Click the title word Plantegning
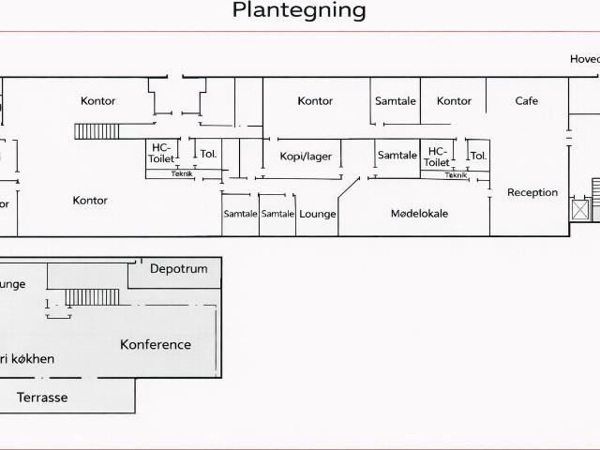tap(299, 11)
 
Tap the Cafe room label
tap(527, 101)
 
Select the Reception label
tap(532, 192)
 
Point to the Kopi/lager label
tap(306, 157)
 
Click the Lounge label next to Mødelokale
tap(318, 214)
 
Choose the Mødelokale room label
tap(419, 214)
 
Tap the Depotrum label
tap(179, 269)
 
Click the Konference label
tap(156, 344)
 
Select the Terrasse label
tap(42, 397)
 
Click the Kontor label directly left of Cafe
tap(455, 101)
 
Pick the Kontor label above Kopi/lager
tap(315, 101)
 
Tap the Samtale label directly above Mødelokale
tap(397, 156)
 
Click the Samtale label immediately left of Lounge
tap(277, 214)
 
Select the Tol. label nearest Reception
tap(478, 156)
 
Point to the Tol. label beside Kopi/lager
tap(208, 154)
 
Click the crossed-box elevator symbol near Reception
tap(579, 209)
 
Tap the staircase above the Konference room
tap(92, 297)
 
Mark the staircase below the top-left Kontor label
tap(97, 131)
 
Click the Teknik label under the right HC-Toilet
tap(456, 175)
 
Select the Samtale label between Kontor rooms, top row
tap(396, 101)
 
